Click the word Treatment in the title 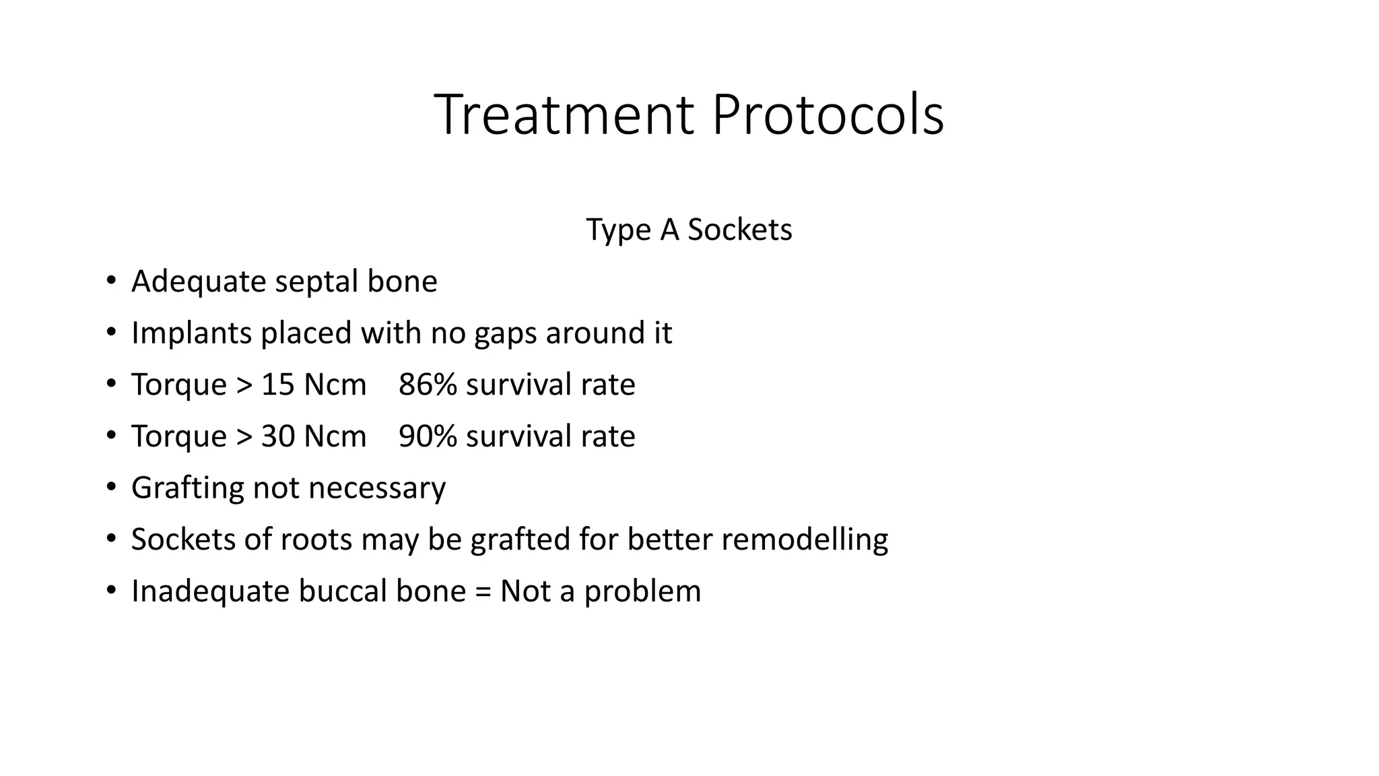tap(564, 115)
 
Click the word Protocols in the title tap(828, 115)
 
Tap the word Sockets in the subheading tap(739, 230)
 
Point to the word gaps tap(505, 333)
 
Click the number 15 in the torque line tap(277, 385)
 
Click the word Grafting tap(187, 488)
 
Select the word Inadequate tap(209, 591)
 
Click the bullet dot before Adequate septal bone tap(111, 280)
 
